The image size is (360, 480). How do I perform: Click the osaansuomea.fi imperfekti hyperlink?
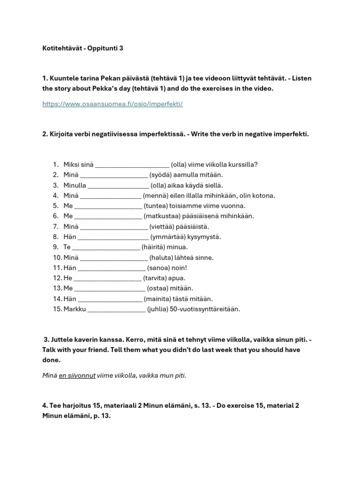tap(112, 104)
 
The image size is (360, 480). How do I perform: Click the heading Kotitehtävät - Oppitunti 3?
tap(82, 48)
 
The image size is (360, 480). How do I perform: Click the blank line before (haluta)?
tap(114, 257)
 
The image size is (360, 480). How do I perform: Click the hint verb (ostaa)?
tap(158, 288)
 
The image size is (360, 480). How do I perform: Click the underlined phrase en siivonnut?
tap(77, 375)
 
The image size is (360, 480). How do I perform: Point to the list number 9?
tap(55, 247)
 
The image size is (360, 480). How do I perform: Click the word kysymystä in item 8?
tap(205, 237)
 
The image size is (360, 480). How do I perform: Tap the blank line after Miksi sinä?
tap(132, 165)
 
